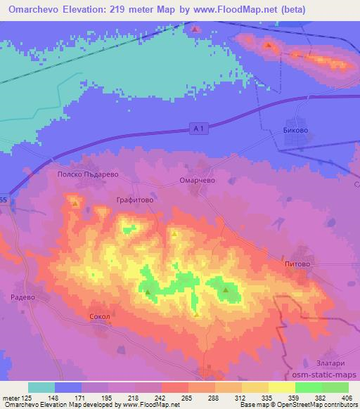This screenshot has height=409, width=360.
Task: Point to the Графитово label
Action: tap(134, 200)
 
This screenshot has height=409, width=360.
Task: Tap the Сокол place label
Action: tap(101, 317)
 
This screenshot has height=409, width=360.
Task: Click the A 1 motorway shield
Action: tap(200, 128)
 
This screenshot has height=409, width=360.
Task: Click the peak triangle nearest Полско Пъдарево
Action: tap(75, 203)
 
